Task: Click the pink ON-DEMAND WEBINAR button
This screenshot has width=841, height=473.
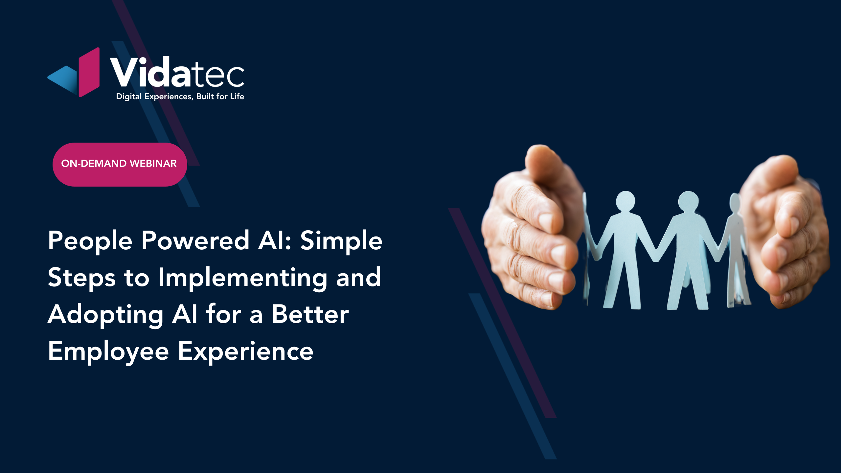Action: click(x=120, y=165)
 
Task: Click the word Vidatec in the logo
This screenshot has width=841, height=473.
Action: click(x=177, y=72)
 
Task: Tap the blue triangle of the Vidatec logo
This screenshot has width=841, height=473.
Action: click(x=62, y=79)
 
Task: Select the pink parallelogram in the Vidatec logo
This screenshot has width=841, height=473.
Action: click(x=89, y=72)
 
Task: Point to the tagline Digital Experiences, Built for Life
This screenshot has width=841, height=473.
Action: click(x=180, y=97)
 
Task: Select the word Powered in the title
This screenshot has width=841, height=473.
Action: click(x=195, y=240)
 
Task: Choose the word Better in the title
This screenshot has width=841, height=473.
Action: click(x=310, y=314)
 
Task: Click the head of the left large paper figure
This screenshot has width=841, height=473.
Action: click(x=625, y=201)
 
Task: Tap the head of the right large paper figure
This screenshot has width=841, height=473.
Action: click(x=688, y=201)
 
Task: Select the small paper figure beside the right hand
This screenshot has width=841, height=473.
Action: click(x=736, y=250)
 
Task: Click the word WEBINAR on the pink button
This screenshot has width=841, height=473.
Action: click(x=153, y=164)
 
